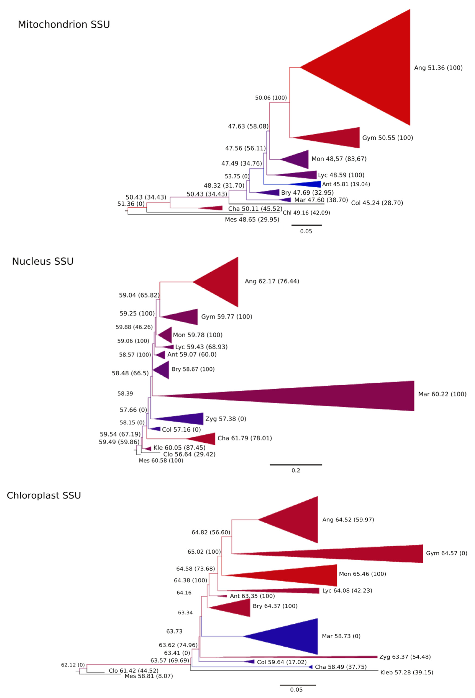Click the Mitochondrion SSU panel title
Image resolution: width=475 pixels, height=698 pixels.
coord(64,24)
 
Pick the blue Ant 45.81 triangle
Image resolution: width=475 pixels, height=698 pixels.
coord(310,184)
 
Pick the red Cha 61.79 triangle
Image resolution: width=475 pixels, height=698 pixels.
coord(204,439)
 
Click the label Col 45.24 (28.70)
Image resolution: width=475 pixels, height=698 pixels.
coord(377,203)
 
